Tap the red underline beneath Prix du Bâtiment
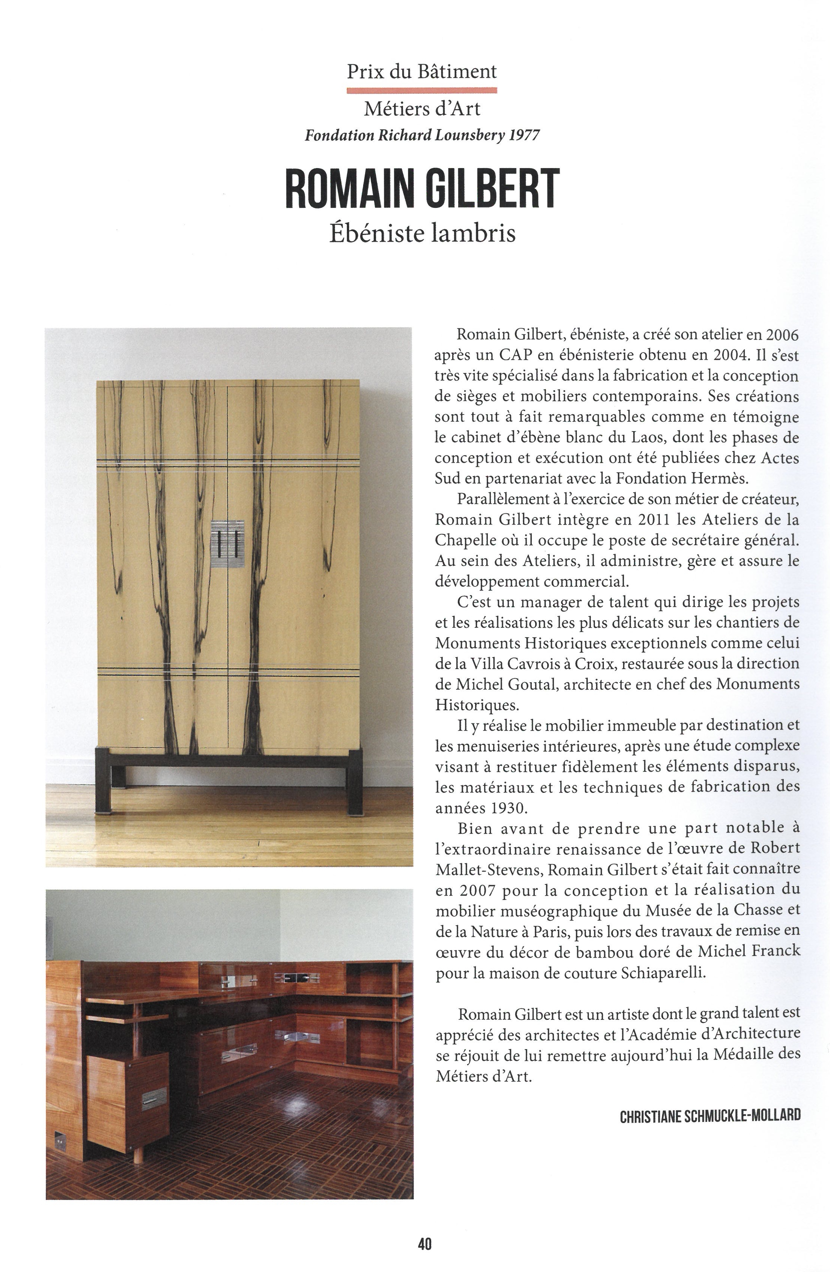(x=421, y=90)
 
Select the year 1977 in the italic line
(x=524, y=135)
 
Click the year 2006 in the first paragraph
(x=782, y=335)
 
